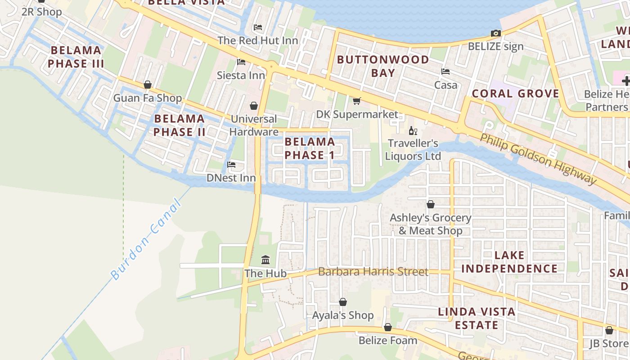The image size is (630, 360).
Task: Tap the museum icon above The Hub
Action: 265,260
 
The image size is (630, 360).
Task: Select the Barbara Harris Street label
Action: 373,272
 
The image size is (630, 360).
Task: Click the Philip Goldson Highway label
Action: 538,158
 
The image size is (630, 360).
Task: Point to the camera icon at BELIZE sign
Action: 495,33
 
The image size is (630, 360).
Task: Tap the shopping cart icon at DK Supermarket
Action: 357,101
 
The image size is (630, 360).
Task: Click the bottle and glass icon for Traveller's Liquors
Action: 413,131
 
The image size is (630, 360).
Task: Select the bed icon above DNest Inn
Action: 231,165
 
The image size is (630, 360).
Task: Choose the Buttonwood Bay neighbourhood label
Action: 383,66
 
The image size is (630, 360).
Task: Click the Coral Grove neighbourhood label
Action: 515,94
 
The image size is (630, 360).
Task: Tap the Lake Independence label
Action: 509,262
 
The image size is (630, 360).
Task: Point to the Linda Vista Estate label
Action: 477,318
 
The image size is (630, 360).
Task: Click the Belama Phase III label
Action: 76,57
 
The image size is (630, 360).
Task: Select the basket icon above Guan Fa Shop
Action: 147,85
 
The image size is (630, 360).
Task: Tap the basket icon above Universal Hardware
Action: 254,106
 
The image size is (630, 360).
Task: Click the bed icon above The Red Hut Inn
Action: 257,27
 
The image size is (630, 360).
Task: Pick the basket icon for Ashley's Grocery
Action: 430,204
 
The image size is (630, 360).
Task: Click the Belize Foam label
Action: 388,341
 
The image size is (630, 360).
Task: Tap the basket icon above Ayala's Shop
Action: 343,302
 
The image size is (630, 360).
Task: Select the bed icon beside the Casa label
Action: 445,72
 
